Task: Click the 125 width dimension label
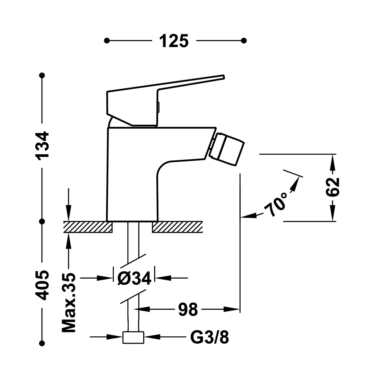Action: [x=174, y=41]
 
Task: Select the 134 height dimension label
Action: [x=42, y=145]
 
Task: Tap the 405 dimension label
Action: [x=42, y=285]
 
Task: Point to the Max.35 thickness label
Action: [x=69, y=303]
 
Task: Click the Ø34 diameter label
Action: [x=134, y=278]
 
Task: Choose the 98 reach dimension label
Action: [x=188, y=310]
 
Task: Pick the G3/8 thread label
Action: [x=209, y=337]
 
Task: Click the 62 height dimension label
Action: [x=333, y=187]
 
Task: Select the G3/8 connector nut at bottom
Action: [x=133, y=338]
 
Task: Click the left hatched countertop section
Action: [x=88, y=227]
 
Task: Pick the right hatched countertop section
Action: [x=177, y=227]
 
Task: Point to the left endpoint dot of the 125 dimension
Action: [x=107, y=41]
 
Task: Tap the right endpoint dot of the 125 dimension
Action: [x=244, y=41]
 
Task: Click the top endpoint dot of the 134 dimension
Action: [x=42, y=75]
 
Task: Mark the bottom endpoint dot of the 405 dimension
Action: [x=42, y=343]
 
